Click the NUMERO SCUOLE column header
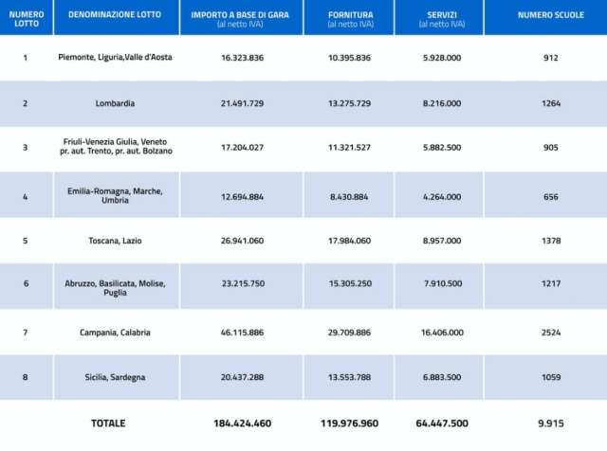tap(544, 15)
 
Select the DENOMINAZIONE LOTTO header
tap(116, 15)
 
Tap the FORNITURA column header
tap(350, 16)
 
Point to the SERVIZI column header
tap(441, 16)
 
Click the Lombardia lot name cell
tap(116, 103)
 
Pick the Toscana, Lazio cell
tap(119, 241)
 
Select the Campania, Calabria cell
tap(116, 333)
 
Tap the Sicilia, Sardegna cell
tap(116, 377)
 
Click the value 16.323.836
tap(242, 58)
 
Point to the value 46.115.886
tap(242, 333)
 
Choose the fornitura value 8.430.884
tap(350, 196)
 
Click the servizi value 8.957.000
tap(442, 241)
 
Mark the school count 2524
tap(550, 333)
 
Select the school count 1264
tap(550, 103)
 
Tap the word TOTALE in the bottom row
tap(107, 423)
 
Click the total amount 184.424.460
tap(242, 423)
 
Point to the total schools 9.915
tap(550, 423)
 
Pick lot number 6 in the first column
tap(26, 283)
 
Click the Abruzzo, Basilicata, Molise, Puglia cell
tap(116, 287)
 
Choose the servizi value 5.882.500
tap(442, 147)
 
